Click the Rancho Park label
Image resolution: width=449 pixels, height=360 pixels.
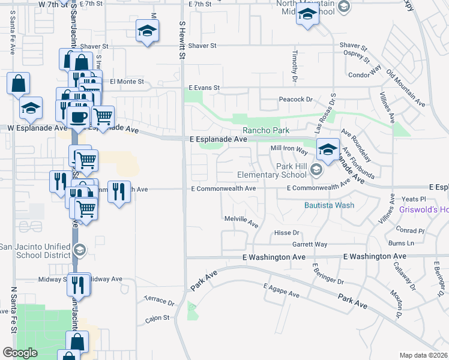pos(266,130)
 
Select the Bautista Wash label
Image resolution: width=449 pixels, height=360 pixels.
pos(328,205)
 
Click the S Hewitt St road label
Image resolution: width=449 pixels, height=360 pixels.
pos(182,39)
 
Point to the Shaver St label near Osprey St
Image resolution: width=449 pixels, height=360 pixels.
pos(352,46)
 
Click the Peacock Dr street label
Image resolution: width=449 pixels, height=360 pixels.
pos(296,99)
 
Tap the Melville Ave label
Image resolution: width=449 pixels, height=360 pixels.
pos(241,221)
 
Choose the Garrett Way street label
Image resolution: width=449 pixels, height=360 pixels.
pos(310,244)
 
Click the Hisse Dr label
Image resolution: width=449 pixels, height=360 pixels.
pos(286,233)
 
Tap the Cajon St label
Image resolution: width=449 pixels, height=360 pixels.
pos(158,319)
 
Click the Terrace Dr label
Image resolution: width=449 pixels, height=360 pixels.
pos(159,298)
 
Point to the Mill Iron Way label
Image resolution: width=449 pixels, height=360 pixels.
pos(289,148)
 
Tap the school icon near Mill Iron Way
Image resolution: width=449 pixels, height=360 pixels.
pos(328,150)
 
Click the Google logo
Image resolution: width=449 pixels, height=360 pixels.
pos(20,353)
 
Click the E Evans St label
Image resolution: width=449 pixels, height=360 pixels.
pos(205,88)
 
